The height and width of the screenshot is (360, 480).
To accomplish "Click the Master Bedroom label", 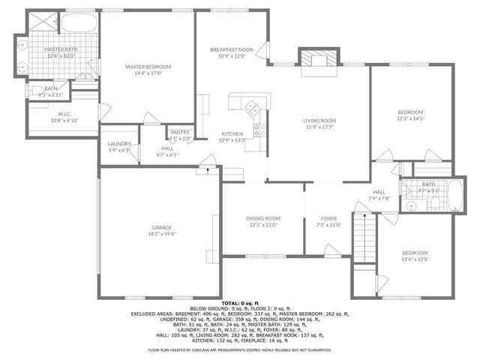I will click(148, 67).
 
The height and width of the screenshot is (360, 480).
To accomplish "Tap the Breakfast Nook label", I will click(231, 49).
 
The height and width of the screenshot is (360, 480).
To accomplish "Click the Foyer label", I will click(328, 218).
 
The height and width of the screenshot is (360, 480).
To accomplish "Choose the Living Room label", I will click(319, 120).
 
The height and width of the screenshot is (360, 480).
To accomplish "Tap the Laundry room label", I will click(119, 144).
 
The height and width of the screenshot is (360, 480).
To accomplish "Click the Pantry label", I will click(180, 132).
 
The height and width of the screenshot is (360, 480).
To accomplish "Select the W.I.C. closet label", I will click(64, 114).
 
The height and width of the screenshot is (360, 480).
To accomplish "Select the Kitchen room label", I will click(232, 133).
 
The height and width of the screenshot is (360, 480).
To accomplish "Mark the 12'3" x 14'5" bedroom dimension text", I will click(410, 118).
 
